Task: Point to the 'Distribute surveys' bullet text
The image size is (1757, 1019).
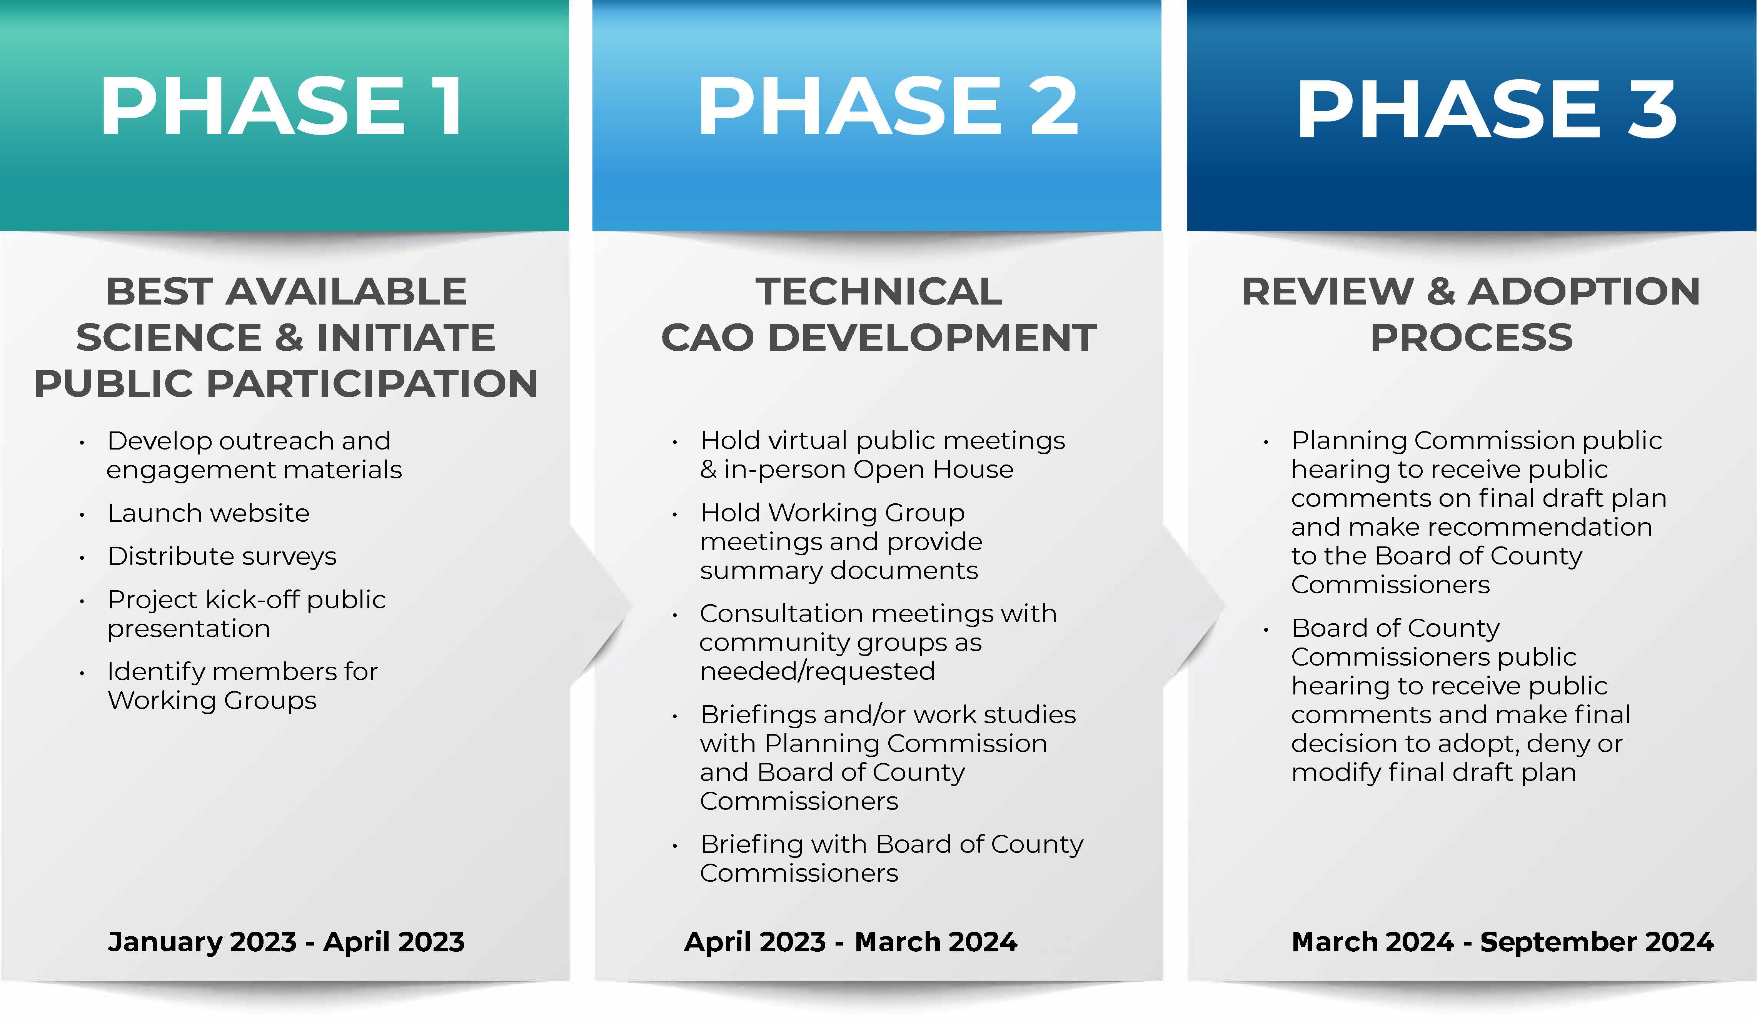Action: coord(222,556)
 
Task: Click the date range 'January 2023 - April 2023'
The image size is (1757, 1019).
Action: coord(286,942)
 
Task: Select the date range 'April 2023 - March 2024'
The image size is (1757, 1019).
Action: coord(851,942)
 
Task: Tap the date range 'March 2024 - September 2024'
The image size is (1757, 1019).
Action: coord(1503,942)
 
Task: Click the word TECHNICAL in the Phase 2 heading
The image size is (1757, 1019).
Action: coord(879,291)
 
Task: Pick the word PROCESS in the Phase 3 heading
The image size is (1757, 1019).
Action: coord(1472,338)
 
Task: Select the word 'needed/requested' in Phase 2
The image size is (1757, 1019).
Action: coord(817,671)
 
